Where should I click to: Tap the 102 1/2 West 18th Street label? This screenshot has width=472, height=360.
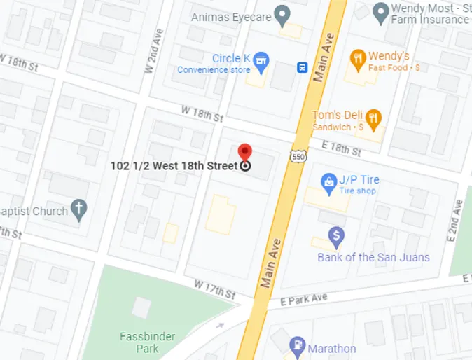174,166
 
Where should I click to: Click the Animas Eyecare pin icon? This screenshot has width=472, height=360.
282,13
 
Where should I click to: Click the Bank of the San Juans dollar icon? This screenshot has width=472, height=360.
337,236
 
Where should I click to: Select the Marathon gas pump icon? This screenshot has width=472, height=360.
297,346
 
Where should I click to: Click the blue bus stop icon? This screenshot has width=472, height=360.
302,67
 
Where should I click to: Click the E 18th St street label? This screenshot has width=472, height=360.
341,148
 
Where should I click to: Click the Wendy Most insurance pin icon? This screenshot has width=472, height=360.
380,11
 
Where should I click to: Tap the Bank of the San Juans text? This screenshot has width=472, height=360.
373,257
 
